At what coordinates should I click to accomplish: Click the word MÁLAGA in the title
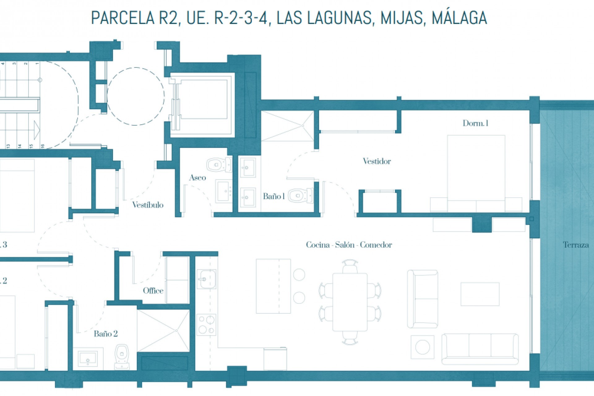(x=459, y=18)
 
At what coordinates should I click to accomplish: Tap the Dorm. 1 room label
(x=475, y=123)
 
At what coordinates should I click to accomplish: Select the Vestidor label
(x=377, y=161)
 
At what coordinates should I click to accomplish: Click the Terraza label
(x=575, y=245)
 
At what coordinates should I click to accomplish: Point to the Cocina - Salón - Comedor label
(x=349, y=245)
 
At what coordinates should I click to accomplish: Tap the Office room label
(x=153, y=291)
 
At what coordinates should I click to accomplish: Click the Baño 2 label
(x=105, y=334)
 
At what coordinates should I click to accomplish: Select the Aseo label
(x=197, y=178)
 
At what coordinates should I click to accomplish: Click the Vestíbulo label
(x=148, y=205)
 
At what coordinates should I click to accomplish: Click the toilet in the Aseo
(x=218, y=165)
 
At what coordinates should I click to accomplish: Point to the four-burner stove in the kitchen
(x=206, y=325)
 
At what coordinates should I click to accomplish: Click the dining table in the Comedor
(x=350, y=302)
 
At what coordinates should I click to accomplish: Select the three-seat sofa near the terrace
(x=480, y=349)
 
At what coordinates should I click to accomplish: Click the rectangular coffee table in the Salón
(x=480, y=294)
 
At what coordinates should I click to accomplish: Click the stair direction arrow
(x=37, y=130)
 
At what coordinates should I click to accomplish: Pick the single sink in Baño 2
(x=88, y=359)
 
